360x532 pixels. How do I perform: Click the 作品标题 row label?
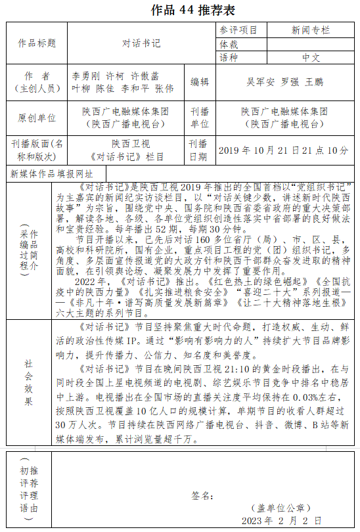[x=37, y=43]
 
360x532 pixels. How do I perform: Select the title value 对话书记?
[x=141, y=43]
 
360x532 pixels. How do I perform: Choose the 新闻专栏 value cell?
[x=311, y=30]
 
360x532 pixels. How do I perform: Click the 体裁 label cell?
[x=229, y=44]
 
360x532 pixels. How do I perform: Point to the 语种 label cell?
[x=229, y=57]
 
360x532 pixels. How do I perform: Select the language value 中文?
[x=311, y=57]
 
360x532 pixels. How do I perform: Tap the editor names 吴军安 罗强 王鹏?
[x=284, y=82]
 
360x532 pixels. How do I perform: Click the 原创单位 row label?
[x=37, y=118]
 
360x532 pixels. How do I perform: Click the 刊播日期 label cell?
[x=199, y=150]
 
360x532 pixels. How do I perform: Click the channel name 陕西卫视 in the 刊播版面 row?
[x=128, y=144]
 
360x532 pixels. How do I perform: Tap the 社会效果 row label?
[x=28, y=382]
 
